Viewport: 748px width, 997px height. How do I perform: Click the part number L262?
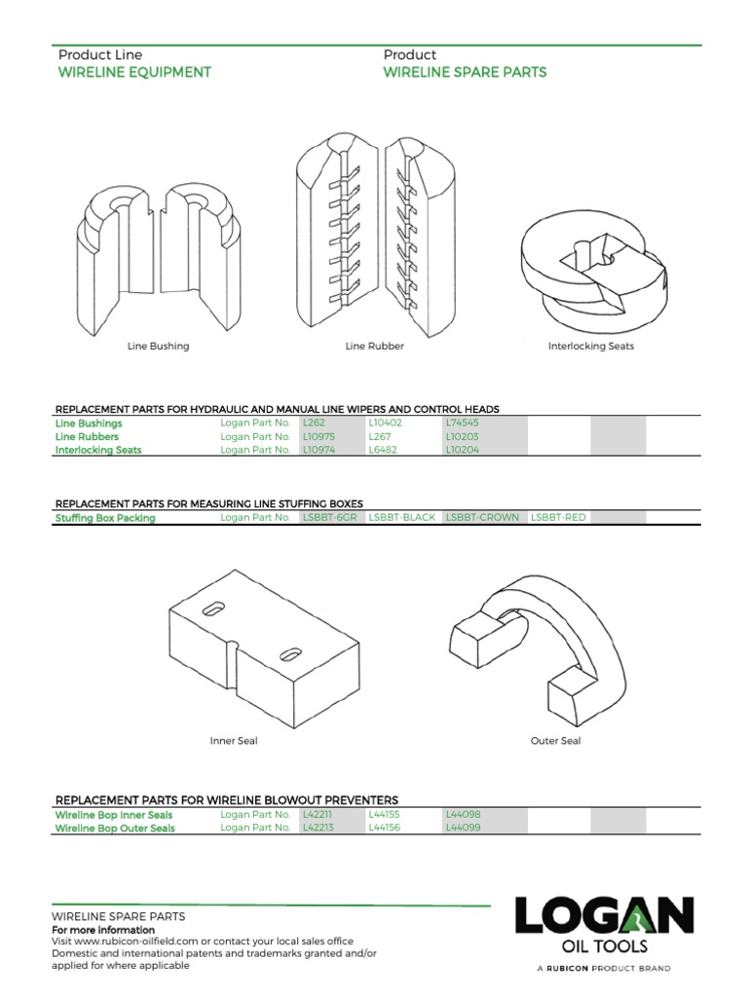[x=314, y=424]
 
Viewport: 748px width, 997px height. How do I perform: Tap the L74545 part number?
[x=463, y=424]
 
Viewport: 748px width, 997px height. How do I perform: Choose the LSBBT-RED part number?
[x=558, y=518]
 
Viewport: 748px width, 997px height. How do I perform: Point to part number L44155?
[x=385, y=814]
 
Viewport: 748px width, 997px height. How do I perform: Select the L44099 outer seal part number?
[x=464, y=828]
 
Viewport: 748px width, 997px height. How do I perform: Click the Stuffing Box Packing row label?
[x=104, y=518]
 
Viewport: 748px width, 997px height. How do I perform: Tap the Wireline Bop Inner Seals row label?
[x=114, y=814]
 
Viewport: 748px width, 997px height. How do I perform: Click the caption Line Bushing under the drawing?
[x=158, y=346]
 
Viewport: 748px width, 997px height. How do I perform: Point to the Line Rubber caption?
[x=374, y=346]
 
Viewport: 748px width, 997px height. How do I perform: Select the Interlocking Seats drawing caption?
[x=590, y=346]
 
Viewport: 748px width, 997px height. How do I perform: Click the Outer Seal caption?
[x=555, y=741]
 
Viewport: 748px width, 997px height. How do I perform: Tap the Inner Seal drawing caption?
[x=234, y=741]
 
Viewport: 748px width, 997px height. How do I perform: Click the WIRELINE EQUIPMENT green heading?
[x=134, y=72]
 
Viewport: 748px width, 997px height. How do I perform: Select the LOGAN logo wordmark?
[x=604, y=916]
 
